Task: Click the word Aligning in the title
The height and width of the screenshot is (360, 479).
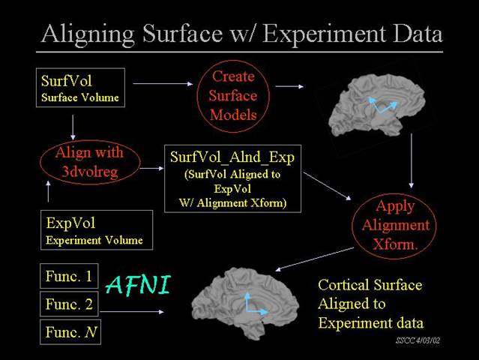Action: pos(88,34)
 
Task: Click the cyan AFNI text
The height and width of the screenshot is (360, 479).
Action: pos(138,285)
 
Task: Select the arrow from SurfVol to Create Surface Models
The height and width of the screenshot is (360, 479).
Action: pos(163,83)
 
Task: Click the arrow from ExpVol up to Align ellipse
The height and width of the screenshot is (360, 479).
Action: pos(48,191)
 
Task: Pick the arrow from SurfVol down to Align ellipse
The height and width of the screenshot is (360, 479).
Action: pos(73,127)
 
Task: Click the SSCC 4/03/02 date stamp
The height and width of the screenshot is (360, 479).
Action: pos(418,340)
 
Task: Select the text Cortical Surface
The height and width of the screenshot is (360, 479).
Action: pos(370,285)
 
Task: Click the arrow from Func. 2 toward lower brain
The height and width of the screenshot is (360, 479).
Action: pos(132,312)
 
